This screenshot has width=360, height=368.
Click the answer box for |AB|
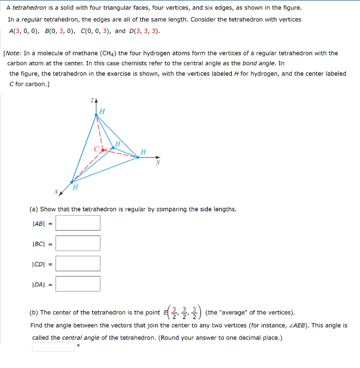coord(78,223)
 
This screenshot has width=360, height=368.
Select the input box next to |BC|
coord(78,243)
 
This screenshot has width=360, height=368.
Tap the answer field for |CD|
coord(78,263)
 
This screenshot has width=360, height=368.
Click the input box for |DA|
coord(78,284)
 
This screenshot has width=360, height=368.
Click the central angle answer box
coord(53,346)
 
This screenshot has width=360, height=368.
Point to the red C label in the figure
coord(96,148)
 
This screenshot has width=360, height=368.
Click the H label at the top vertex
coord(102,112)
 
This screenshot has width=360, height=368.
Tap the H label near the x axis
coord(75,187)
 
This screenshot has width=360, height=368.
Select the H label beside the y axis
coord(143,152)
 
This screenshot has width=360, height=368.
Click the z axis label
coord(92,101)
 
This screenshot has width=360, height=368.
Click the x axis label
coord(56,192)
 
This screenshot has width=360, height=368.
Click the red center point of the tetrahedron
coord(103,150)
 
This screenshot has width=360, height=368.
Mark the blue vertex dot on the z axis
coord(96,115)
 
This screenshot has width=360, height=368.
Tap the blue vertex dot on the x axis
coord(72,182)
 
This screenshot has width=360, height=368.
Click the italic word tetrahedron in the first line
coord(27,8)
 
